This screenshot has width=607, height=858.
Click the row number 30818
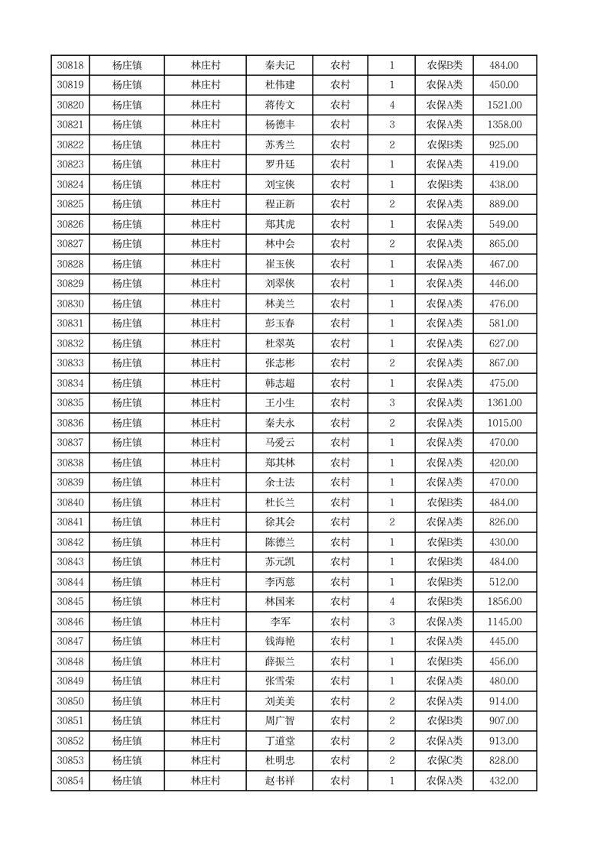tap(70, 66)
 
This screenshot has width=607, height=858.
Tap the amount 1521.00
tap(505, 106)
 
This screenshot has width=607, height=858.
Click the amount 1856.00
tap(505, 602)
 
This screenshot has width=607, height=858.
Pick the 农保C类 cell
tap(444, 761)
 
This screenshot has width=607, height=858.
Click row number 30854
tap(70, 781)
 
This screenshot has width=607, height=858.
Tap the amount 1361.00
tap(505, 403)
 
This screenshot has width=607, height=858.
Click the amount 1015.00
tap(505, 423)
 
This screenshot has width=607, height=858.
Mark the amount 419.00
tap(505, 164)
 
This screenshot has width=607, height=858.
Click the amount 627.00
tap(505, 343)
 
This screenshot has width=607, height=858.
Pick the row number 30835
tap(70, 403)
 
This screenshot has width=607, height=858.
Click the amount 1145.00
tap(505, 622)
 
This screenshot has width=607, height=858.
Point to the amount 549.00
tap(505, 224)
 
